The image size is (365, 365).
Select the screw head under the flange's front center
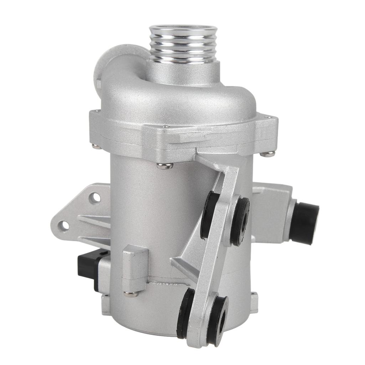(164, 165)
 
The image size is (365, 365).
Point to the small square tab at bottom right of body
(254, 302)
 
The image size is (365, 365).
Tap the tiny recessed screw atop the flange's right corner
(266, 117)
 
